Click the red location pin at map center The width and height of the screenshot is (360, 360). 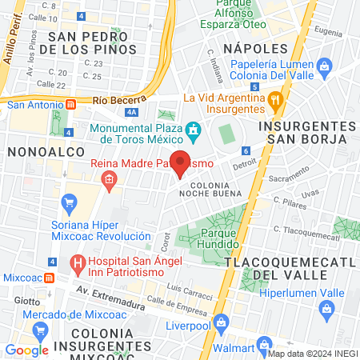tap(181, 162)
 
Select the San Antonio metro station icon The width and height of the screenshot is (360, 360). tap(71, 103)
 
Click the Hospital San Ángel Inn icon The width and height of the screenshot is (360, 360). tap(78, 262)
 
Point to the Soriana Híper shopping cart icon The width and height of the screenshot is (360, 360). tap(70, 202)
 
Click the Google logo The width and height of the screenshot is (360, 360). tap(26, 350)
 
